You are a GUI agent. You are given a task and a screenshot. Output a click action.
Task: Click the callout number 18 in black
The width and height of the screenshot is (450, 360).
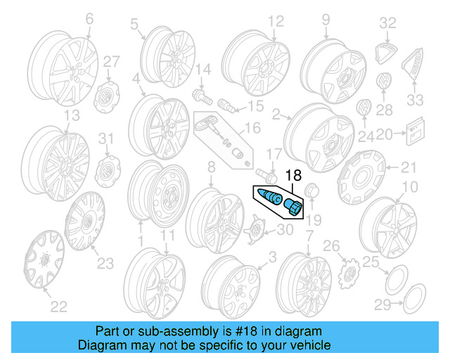coord(292,176)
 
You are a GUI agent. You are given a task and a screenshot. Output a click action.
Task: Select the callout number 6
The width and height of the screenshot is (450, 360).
coord(89,20)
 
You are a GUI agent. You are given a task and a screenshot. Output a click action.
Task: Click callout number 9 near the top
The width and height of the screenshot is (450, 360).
coord(326,20)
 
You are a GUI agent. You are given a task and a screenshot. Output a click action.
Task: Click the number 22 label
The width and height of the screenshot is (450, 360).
coord(58,305)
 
